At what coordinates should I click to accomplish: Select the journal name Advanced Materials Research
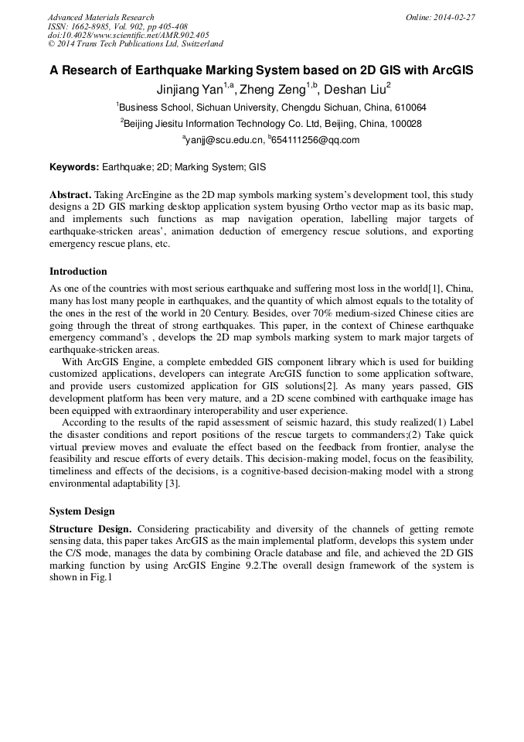pos(100,17)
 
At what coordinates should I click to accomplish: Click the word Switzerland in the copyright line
pos(196,44)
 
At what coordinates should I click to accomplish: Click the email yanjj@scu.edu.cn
pos(224,140)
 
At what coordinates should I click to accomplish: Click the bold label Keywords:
pos(74,166)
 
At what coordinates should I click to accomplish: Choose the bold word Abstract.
pos(70,194)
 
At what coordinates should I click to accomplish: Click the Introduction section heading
pos(78,272)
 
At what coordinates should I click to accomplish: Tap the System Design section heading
pos(82,511)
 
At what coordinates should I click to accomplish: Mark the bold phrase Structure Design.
pos(92,528)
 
